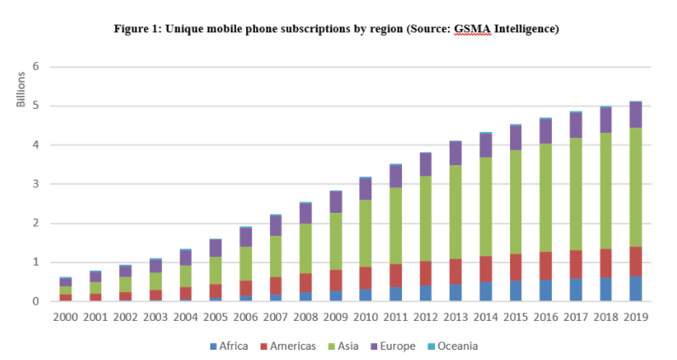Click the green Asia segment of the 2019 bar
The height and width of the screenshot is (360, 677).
(635, 187)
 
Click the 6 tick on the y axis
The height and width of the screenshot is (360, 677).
(37, 66)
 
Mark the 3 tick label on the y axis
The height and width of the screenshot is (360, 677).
(37, 184)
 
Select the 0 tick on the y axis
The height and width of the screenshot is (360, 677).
(37, 301)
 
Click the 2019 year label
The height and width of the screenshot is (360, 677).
(635, 317)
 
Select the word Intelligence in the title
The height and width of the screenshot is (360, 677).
(521, 29)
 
